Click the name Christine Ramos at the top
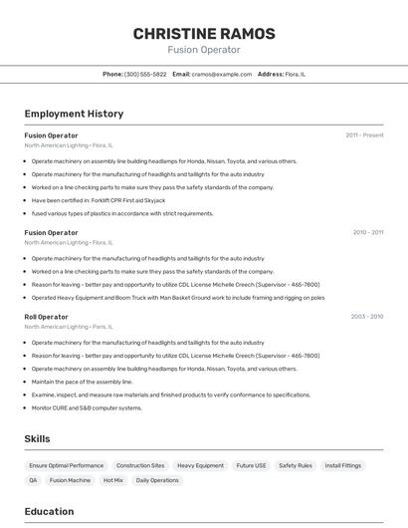[203, 34]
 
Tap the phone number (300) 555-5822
[145, 74]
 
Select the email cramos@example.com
[221, 74]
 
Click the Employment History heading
[74, 114]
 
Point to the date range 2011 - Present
[364, 134]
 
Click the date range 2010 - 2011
[367, 232]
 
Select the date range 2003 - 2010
[366, 317]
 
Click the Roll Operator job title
[47, 317]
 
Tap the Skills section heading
[37, 438]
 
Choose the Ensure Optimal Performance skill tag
[66, 465]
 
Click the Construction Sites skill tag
[140, 465]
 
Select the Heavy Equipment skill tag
[200, 465]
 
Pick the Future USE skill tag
[251, 465]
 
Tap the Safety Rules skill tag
[296, 465]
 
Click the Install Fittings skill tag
[343, 465]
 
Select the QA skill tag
[33, 480]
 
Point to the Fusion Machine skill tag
[70, 480]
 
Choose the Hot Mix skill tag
[113, 480]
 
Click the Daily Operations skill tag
[157, 480]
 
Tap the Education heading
[49, 512]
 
